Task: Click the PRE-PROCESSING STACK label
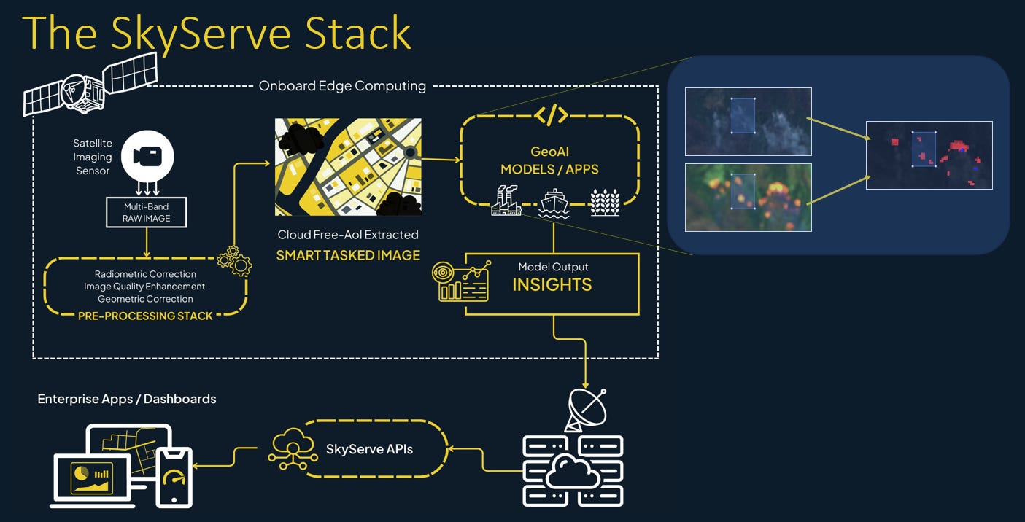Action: (145, 316)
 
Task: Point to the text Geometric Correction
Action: (145, 299)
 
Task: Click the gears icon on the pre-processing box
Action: (235, 261)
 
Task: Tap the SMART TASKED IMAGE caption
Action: (348, 255)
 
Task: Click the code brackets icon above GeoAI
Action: (551, 114)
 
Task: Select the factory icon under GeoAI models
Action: (506, 201)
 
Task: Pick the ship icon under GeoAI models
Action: (553, 203)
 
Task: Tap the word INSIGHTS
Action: (552, 284)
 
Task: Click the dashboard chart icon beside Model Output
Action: (459, 282)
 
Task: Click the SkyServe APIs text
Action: (369, 449)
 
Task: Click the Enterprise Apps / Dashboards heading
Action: (127, 399)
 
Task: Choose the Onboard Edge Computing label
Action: (342, 86)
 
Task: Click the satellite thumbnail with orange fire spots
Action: (748, 197)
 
